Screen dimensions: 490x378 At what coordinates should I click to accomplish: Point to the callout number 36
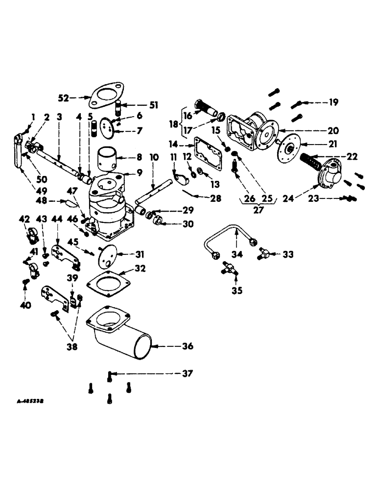pyautogui.click(x=186, y=346)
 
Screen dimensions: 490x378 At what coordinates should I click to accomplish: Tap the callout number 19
pyautogui.click(x=333, y=102)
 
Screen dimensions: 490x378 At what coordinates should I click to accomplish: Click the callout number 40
pyautogui.click(x=25, y=305)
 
